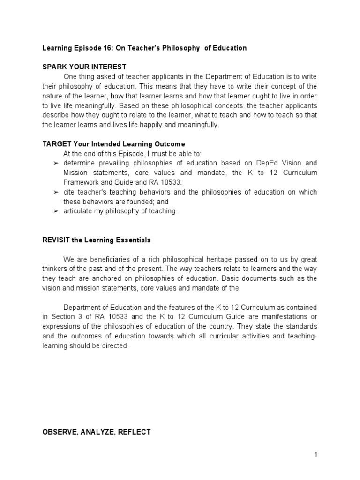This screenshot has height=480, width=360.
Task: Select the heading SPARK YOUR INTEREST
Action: tap(84, 67)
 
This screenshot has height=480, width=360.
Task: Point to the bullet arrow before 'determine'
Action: tap(56, 163)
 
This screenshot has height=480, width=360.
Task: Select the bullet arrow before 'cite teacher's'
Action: tap(56, 192)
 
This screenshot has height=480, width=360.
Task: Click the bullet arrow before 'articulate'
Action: tap(56, 212)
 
